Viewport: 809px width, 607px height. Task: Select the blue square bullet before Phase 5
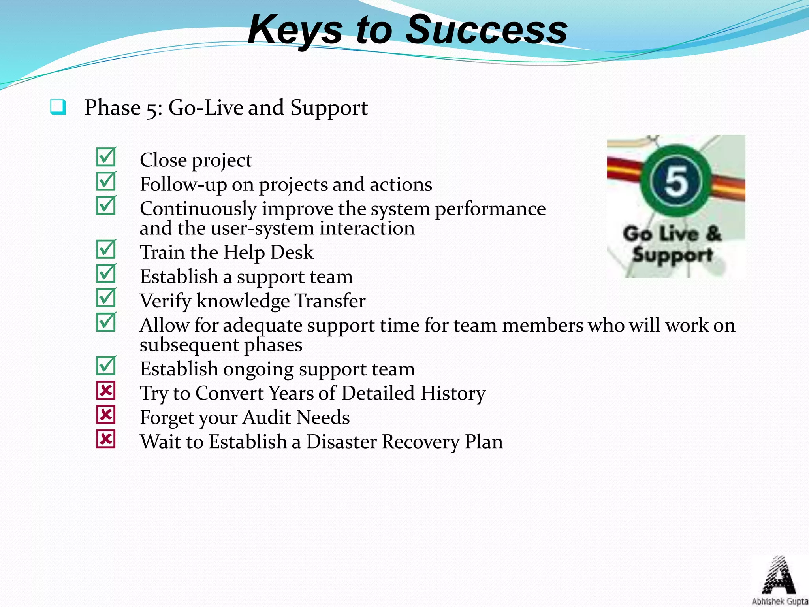pyautogui.click(x=58, y=107)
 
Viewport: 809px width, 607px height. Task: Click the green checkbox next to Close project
pyautogui.click(x=106, y=158)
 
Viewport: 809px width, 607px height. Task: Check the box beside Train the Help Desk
pyautogui.click(x=106, y=250)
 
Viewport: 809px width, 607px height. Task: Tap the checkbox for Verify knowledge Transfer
pyautogui.click(x=106, y=298)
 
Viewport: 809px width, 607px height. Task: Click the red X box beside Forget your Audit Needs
pyautogui.click(x=106, y=415)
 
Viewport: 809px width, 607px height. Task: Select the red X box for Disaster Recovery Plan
pyautogui.click(x=106, y=439)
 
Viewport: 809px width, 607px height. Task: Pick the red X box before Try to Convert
pyautogui.click(x=106, y=390)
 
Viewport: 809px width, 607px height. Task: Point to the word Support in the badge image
pyautogui.click(x=673, y=255)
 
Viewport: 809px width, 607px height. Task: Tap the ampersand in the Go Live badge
pyautogui.click(x=713, y=233)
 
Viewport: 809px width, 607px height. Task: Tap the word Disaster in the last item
pyautogui.click(x=341, y=441)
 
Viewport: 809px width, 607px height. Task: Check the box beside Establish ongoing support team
pyautogui.click(x=106, y=366)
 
